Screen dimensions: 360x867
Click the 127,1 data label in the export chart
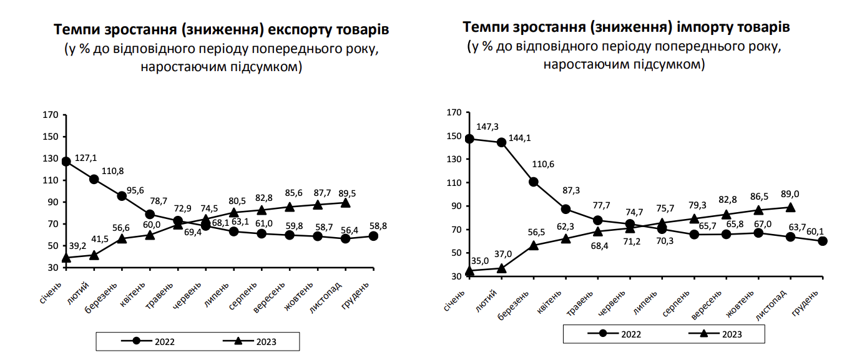pos(86,158)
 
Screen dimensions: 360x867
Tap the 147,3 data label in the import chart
pos(488,127)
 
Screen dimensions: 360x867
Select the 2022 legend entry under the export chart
pos(148,341)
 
